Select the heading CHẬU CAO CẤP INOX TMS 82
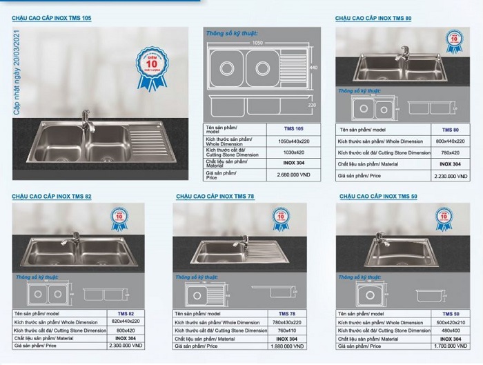(51, 197)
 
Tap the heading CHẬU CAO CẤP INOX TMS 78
(215, 197)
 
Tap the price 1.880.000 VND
(287, 348)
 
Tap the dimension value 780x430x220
(287, 322)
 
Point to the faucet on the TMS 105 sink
(86, 119)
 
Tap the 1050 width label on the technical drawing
(257, 41)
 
